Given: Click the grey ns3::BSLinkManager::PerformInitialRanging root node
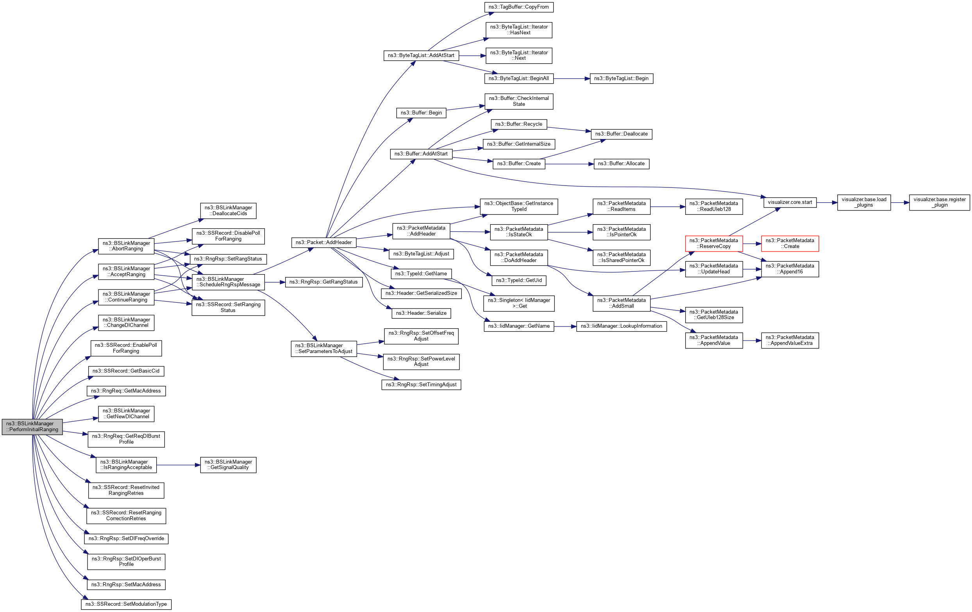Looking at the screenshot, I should click(32, 426).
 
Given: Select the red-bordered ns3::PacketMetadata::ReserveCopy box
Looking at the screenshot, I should click(714, 243).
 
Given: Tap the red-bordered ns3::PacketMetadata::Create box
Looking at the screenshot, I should click(790, 243).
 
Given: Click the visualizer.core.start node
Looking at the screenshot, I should click(790, 202).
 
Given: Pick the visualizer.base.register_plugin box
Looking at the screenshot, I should click(939, 202).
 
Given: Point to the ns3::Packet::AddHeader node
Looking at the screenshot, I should click(324, 243).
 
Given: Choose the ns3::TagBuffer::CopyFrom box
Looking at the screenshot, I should click(519, 7).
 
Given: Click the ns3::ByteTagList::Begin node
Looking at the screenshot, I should click(621, 78).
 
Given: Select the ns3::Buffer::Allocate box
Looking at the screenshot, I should click(621, 164).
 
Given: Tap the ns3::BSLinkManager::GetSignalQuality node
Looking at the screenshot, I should click(228, 465).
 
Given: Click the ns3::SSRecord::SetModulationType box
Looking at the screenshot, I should click(126, 604).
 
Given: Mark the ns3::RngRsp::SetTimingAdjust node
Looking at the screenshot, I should click(421, 384).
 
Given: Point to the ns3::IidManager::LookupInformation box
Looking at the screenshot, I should click(621, 326).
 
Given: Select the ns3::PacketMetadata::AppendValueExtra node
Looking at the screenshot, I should click(790, 340).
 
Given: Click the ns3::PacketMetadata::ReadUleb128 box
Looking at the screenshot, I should click(714, 206).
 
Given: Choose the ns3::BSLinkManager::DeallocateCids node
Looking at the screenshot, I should click(228, 211).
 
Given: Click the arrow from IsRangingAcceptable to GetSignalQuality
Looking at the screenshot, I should click(178, 465).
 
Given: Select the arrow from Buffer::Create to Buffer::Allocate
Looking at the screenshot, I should click(569, 164).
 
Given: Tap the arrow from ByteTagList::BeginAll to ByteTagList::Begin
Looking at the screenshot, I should click(571, 79).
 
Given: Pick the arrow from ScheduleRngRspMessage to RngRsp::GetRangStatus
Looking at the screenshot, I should click(275, 282).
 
